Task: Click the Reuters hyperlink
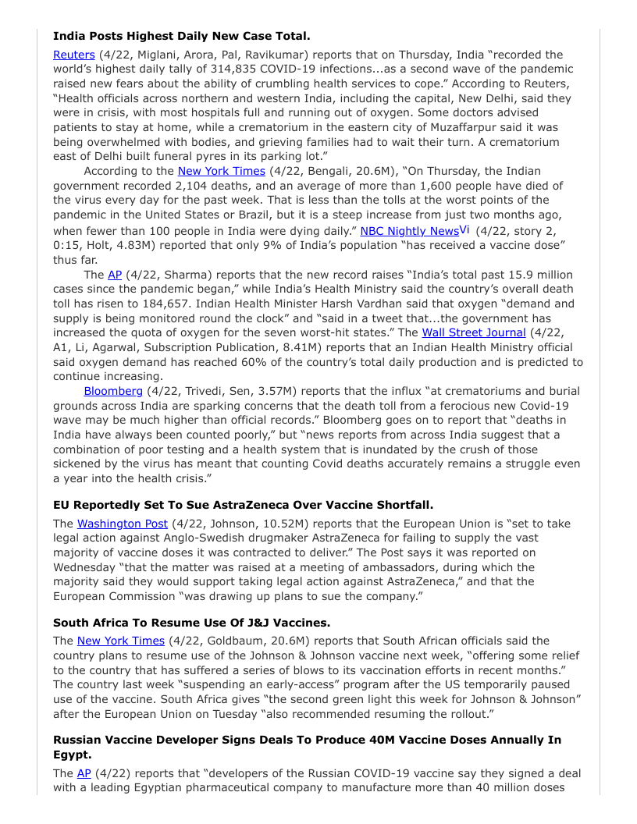coord(74,55)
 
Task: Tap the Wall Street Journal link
coord(474,332)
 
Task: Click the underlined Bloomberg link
coord(113,391)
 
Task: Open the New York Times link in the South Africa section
coord(121,641)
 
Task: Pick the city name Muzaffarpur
coord(454,127)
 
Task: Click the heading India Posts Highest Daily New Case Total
coord(181,36)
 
